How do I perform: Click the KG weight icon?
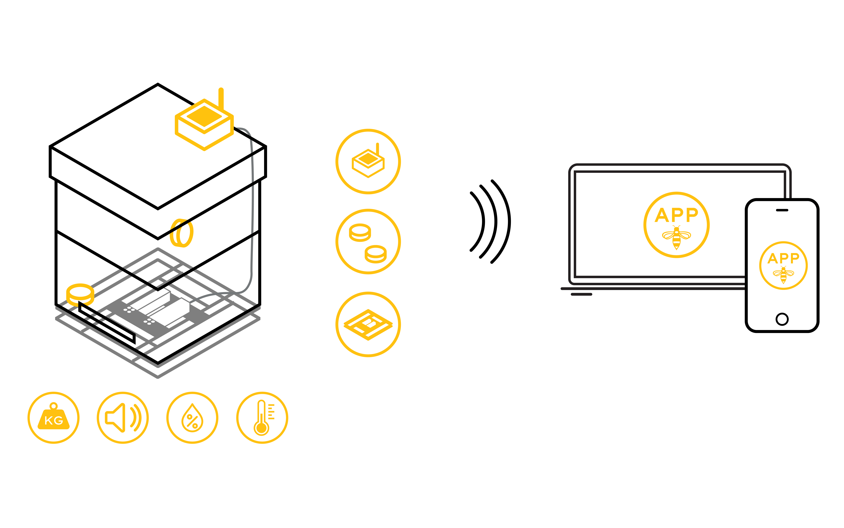click(x=53, y=418)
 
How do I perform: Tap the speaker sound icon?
click(x=123, y=418)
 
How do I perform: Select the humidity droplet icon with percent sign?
click(x=192, y=418)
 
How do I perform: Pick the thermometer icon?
click(x=262, y=418)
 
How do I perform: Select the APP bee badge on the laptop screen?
click(x=676, y=225)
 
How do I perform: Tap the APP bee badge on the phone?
click(x=783, y=265)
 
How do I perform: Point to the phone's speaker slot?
click(x=782, y=210)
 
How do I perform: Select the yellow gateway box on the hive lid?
click(x=204, y=125)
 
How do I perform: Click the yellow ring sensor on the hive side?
click(x=181, y=233)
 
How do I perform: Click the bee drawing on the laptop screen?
click(x=676, y=237)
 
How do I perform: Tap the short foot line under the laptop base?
click(x=582, y=294)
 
